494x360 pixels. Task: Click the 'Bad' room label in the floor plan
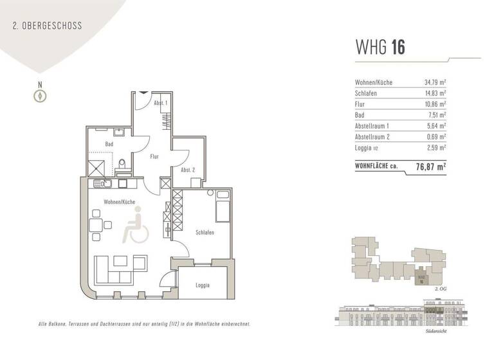pyautogui.click(x=109, y=144)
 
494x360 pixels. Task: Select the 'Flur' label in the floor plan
pyautogui.click(x=154, y=156)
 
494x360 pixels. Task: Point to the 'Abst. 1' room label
pyautogui.click(x=161, y=103)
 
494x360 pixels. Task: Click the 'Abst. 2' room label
pyautogui.click(x=188, y=170)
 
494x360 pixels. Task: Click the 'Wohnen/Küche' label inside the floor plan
pyautogui.click(x=119, y=202)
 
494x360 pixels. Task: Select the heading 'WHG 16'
pyautogui.click(x=380, y=48)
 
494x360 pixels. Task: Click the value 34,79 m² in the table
pyautogui.click(x=435, y=82)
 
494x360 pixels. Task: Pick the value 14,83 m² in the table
pyautogui.click(x=435, y=93)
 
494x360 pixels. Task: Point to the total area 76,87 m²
pyautogui.click(x=431, y=166)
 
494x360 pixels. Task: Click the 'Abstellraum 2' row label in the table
pyautogui.click(x=375, y=137)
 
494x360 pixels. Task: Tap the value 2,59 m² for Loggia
pyautogui.click(x=436, y=148)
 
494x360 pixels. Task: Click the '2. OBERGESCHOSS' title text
pyautogui.click(x=47, y=26)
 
